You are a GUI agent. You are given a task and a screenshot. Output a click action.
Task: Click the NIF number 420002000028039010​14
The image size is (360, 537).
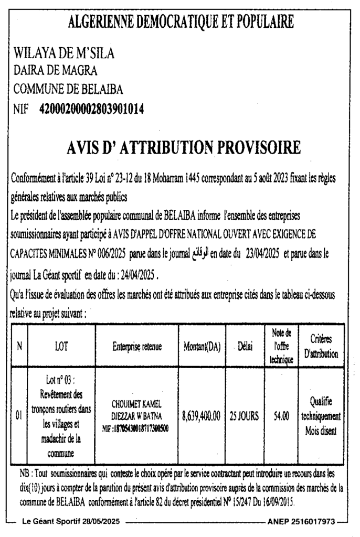(x=92, y=109)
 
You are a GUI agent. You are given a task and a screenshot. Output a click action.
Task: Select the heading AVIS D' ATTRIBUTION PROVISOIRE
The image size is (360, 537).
(x=184, y=148)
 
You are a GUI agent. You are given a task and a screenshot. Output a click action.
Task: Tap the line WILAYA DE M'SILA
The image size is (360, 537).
(x=63, y=53)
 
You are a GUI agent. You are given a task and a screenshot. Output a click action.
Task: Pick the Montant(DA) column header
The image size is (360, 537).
(x=202, y=346)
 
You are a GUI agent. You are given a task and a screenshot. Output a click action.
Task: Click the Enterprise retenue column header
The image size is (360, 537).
(x=136, y=346)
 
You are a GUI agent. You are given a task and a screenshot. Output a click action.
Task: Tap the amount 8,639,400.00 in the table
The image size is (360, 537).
(x=202, y=416)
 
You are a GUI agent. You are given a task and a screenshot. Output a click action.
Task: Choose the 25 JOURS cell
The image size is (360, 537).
(x=244, y=416)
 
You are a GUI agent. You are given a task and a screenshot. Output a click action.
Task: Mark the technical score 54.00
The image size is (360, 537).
(x=281, y=416)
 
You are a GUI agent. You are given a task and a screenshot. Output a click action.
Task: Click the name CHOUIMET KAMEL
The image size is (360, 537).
(x=136, y=404)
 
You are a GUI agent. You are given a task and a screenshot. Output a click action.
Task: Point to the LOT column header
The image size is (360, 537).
(x=61, y=346)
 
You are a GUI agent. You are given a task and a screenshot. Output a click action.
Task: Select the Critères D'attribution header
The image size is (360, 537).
(x=321, y=346)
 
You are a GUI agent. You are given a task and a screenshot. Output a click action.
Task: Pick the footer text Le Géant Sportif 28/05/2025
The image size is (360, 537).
(x=71, y=522)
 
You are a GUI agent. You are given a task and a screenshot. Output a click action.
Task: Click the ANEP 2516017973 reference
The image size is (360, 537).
(x=301, y=522)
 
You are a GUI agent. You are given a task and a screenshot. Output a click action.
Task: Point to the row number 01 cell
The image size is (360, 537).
(x=18, y=416)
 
